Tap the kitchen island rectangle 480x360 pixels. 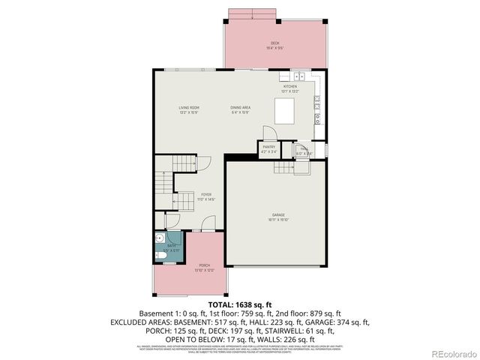coord(285,112)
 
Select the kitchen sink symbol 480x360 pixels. coord(298,76)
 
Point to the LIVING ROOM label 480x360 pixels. coord(188,109)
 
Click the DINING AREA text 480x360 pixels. coord(240,109)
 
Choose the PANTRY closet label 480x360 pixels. coord(268,150)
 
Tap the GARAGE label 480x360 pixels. coord(277,217)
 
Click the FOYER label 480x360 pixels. coord(205,196)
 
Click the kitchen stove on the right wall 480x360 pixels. coord(320,117)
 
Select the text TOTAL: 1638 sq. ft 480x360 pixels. coord(240,304)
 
